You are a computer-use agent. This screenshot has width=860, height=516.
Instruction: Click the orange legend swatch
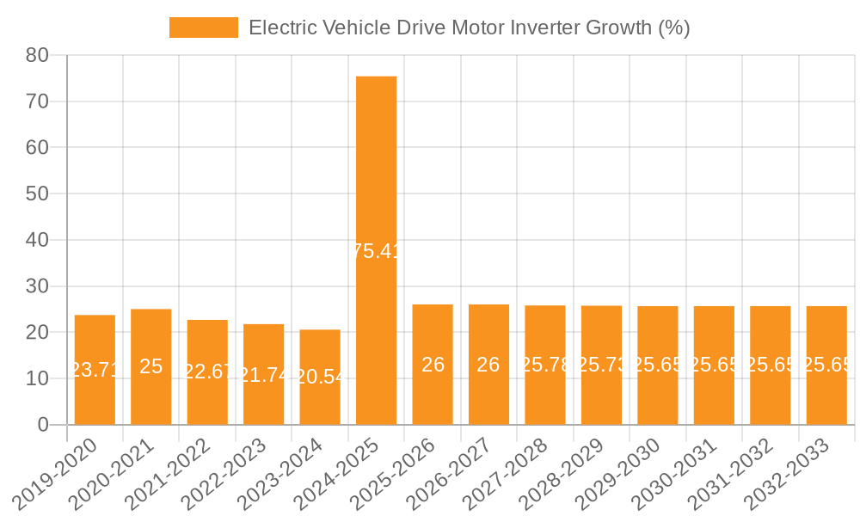(203, 28)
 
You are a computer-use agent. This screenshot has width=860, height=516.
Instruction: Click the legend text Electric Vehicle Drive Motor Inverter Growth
(469, 28)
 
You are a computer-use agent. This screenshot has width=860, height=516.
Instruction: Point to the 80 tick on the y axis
(36, 56)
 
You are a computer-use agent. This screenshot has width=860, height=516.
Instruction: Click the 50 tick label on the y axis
(36, 194)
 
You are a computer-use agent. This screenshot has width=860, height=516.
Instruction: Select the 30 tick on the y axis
(36, 286)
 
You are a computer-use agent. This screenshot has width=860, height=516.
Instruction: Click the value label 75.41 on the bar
(376, 251)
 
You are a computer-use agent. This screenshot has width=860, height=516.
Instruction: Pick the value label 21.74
(263, 375)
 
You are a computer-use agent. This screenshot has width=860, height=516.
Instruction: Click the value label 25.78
(545, 365)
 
